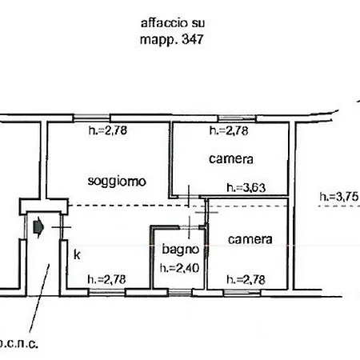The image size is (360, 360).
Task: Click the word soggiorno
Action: tap(117, 182)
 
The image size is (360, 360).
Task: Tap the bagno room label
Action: tap(181, 250)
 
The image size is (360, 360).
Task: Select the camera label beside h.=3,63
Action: tap(231, 159)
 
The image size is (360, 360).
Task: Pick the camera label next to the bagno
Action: tap(250, 239)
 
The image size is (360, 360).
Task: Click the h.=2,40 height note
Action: tap(179, 268)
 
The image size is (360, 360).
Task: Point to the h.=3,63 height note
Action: tap(246, 188)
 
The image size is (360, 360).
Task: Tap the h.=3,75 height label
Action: tap(339, 197)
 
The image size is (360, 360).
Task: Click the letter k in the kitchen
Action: tap(77, 254)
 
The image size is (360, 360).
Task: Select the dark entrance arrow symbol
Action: tap(38, 227)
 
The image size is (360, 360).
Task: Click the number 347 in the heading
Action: tap(193, 39)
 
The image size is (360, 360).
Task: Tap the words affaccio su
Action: tap(173, 23)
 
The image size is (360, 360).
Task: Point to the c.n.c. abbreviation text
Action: tap(19, 344)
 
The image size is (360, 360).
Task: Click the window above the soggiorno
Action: tap(91, 118)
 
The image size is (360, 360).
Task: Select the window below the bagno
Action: tap(180, 293)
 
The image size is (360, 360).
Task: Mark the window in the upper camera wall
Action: tap(237, 118)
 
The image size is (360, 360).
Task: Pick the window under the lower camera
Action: tap(242, 293)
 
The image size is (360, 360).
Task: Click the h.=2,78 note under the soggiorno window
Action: tap(108, 130)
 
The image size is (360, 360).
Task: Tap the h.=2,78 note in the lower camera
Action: tap(246, 280)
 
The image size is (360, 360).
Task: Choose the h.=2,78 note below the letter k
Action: tap(106, 279)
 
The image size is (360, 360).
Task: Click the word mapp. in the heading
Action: tap(159, 40)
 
